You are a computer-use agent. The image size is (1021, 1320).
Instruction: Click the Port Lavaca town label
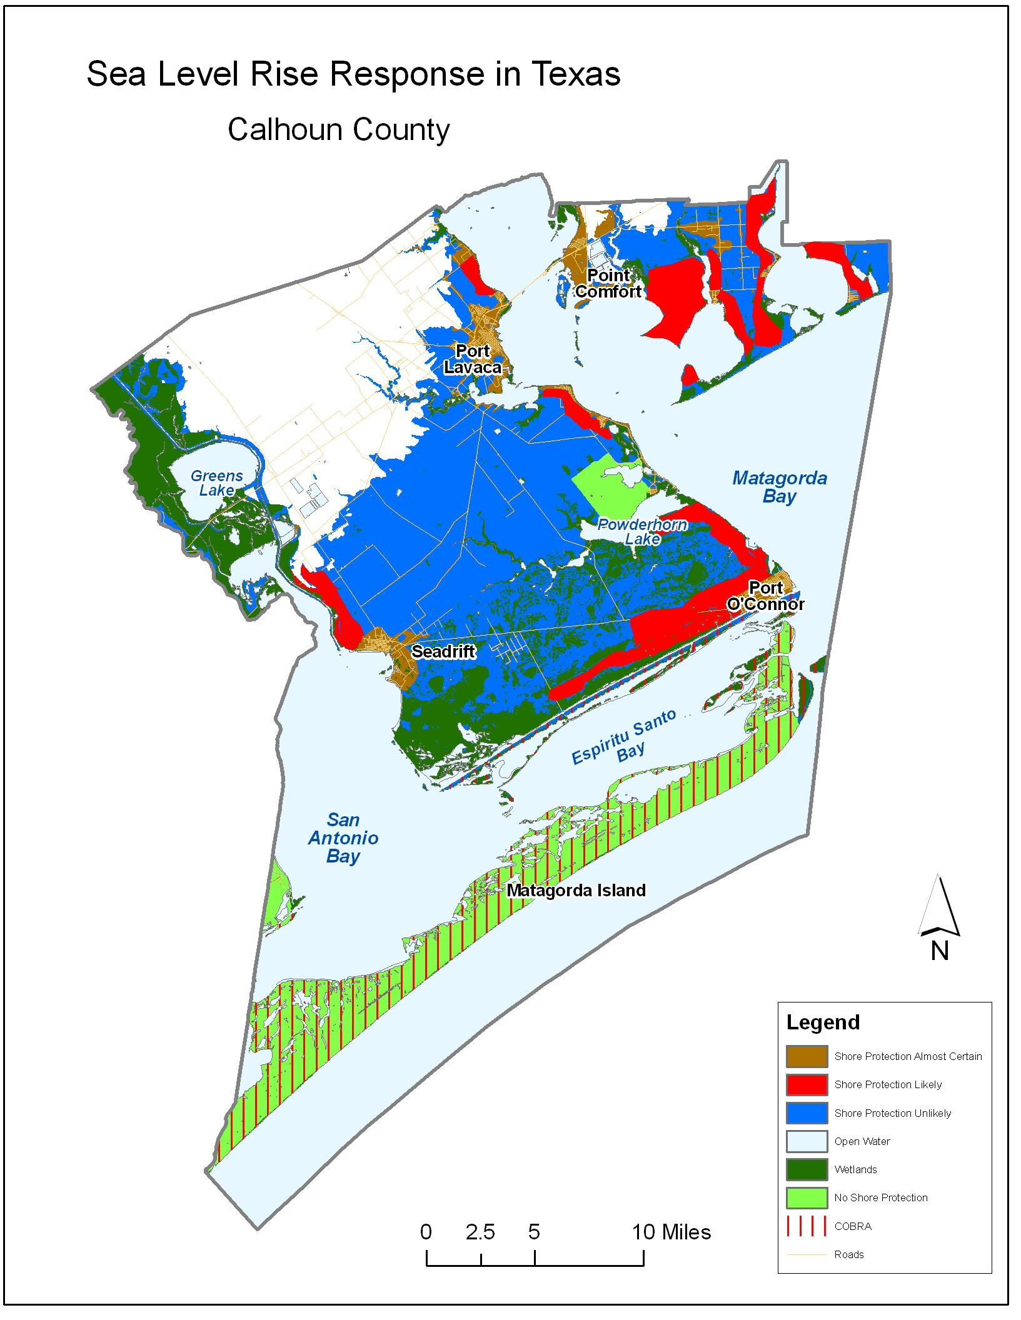[x=473, y=359]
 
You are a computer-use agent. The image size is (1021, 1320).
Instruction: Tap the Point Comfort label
[x=608, y=283]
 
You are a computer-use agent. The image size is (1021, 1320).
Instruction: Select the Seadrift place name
[x=443, y=651]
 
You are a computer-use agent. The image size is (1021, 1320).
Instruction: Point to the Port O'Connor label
[x=766, y=596]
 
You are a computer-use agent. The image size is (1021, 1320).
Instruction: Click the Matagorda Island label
[x=576, y=890]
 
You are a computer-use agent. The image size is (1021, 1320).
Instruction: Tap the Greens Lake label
[x=216, y=483]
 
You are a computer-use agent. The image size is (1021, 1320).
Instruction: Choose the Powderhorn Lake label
[x=642, y=531]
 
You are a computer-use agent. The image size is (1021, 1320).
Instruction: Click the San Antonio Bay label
[x=343, y=837]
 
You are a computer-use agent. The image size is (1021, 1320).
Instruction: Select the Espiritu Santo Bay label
[x=625, y=737]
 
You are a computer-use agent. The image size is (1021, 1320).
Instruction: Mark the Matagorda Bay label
[x=780, y=487]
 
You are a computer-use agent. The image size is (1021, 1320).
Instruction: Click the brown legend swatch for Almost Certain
[x=807, y=1056]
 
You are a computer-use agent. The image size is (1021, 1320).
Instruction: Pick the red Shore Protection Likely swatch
[x=807, y=1084]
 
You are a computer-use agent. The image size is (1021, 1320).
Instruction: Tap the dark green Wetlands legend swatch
[x=807, y=1169]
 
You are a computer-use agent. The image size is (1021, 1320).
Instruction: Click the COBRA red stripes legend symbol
[x=807, y=1226]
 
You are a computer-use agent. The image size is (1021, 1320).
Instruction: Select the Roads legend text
[x=848, y=1254]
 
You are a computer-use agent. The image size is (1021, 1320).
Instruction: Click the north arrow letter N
[x=939, y=951]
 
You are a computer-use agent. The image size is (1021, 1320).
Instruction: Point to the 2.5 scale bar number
[x=480, y=1232]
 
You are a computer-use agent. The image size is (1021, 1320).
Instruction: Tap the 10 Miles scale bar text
[x=671, y=1232]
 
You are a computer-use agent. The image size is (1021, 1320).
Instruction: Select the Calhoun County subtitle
[x=338, y=129]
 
